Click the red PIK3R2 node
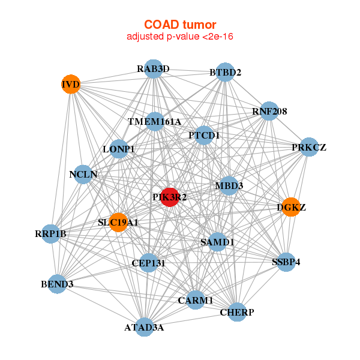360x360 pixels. (170, 196)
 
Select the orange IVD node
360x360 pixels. (71, 84)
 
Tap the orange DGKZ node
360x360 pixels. (290, 208)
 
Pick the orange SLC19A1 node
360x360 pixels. (118, 222)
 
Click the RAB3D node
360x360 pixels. (154, 69)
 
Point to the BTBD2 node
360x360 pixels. (224, 73)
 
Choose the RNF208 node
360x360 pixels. (269, 111)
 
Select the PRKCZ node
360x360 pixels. (308, 147)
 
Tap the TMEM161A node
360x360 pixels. (154, 122)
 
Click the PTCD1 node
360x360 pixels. (205, 135)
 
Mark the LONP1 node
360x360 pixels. (119, 148)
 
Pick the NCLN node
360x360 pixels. (83, 175)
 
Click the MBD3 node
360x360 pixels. (229, 186)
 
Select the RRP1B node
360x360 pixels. (50, 233)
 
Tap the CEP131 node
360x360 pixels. (148, 262)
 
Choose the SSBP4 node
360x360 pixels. (286, 262)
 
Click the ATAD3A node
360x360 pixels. (144, 327)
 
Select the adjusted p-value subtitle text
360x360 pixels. (180, 37)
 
